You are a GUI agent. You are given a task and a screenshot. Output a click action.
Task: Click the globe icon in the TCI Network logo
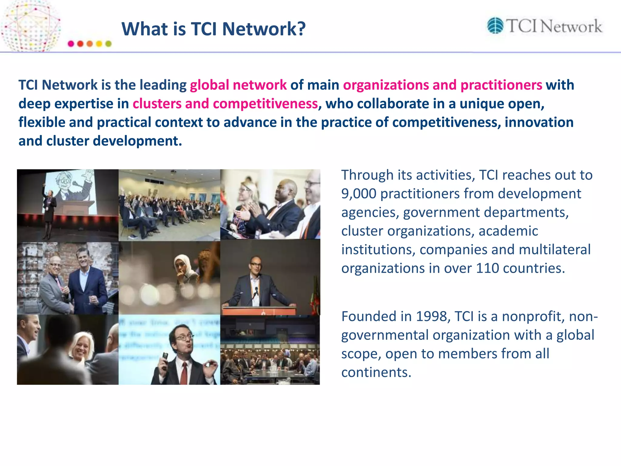(x=495, y=25)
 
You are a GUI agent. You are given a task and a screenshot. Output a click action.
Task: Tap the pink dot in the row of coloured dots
(x=71, y=44)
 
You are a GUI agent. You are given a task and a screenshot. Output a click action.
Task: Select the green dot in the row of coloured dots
(x=108, y=44)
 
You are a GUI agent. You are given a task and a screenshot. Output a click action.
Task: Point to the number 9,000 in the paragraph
(x=359, y=194)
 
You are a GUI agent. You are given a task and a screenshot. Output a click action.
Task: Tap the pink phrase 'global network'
(x=238, y=85)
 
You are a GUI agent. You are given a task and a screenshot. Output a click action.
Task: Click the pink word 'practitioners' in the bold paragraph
(x=501, y=85)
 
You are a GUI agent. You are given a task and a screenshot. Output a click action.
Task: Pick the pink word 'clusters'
(x=157, y=104)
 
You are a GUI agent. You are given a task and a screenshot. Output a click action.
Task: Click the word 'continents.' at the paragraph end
(x=376, y=372)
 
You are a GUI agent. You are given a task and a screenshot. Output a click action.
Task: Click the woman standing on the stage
(x=49, y=212)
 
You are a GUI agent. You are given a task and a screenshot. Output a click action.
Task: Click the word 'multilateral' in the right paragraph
(x=555, y=249)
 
